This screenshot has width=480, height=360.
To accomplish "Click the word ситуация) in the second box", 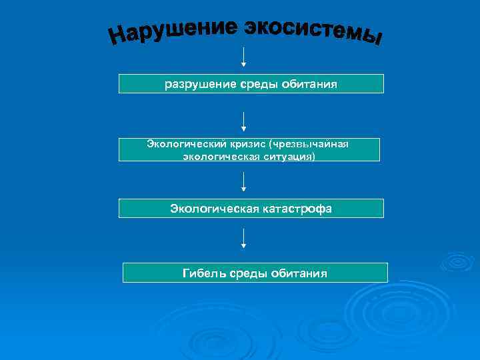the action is click(288, 156).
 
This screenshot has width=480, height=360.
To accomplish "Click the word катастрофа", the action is click(297, 209).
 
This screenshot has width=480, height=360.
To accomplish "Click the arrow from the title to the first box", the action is click(243, 57).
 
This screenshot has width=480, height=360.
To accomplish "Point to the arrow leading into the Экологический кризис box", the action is click(243, 121).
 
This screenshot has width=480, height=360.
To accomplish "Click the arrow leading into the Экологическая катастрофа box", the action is click(243, 181).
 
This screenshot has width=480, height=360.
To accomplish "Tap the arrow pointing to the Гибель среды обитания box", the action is click(243, 238).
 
